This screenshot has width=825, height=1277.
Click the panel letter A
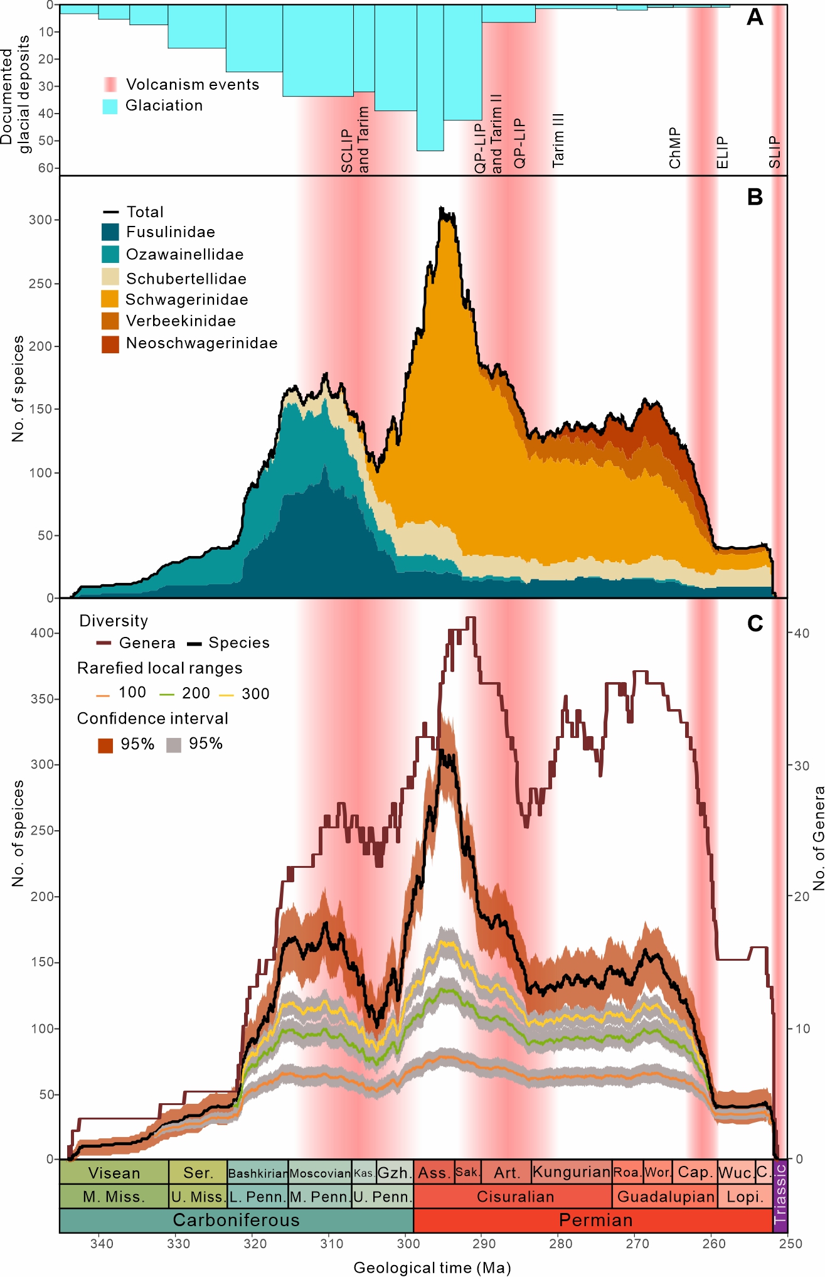pos(755,17)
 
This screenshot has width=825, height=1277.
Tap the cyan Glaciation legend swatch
pos(110,106)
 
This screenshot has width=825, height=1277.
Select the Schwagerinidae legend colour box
pos(110,299)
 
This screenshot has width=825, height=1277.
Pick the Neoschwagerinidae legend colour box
pos(110,344)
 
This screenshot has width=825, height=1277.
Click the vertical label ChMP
pos(675,148)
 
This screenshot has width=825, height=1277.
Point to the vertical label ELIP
pos(723,152)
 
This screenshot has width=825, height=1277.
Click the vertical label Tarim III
pos(558,141)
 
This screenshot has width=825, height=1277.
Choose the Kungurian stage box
pos(572,1172)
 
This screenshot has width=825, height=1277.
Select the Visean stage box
pos(114,1173)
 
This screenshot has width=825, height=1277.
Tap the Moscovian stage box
pos(320,1173)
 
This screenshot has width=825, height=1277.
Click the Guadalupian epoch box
pos(666,1197)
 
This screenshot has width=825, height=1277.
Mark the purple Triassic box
pos(780,1196)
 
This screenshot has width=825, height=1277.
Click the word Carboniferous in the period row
pos(236,1220)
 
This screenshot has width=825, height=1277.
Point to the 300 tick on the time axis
pos(408,1244)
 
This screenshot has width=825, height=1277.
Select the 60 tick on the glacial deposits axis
pos(45,168)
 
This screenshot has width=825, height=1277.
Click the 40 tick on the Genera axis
pos(802,633)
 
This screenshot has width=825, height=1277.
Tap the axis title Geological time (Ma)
pos(432,1268)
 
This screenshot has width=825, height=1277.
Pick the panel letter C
pos(755,623)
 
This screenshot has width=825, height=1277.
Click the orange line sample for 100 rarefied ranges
pos(103,695)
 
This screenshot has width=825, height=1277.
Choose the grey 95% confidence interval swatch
pos(174,745)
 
